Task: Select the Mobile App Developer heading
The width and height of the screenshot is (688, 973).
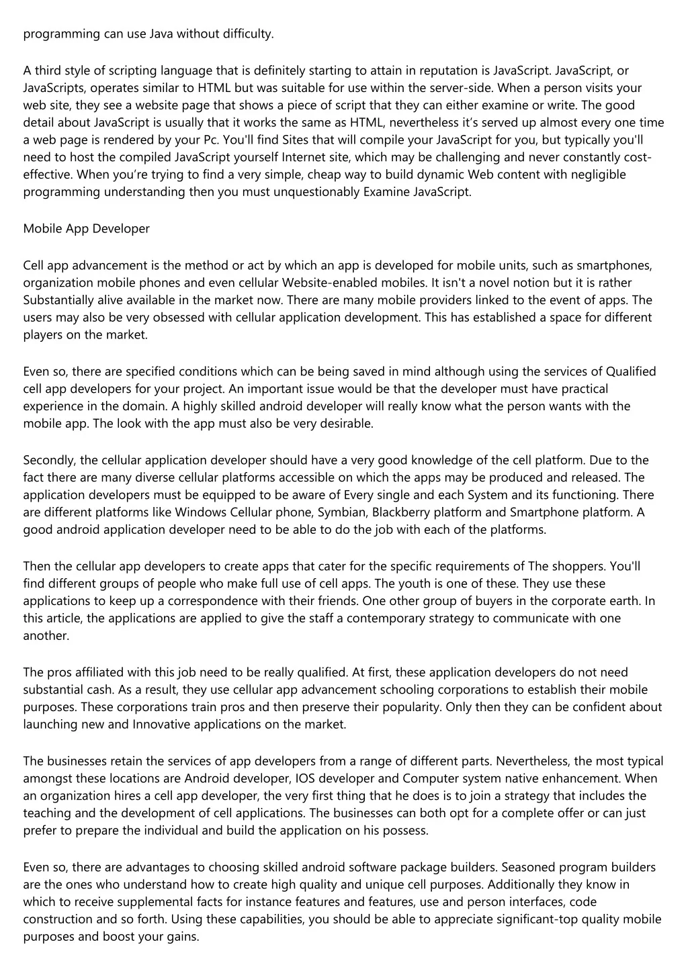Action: pos(87,229)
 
